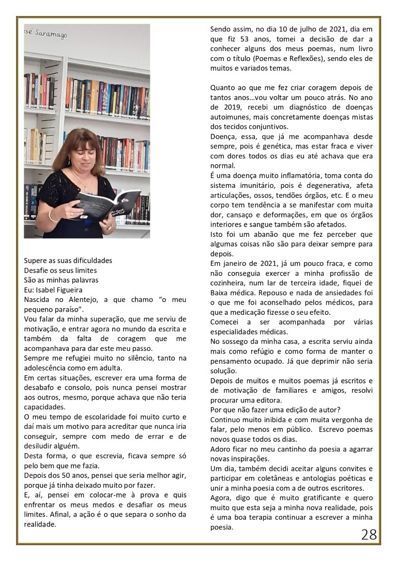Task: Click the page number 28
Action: [369, 534]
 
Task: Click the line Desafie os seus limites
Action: [60, 270]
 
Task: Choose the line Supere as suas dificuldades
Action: [68, 260]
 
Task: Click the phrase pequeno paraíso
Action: [50, 309]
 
